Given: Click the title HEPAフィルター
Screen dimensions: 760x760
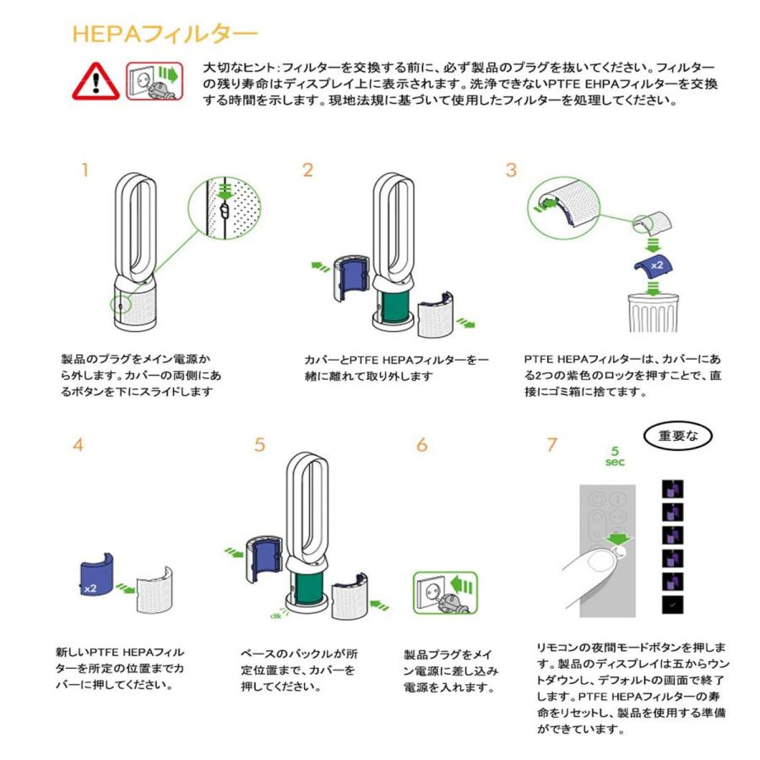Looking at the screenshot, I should pyautogui.click(x=164, y=34).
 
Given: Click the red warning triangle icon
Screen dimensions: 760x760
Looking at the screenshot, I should pyautogui.click(x=95, y=82).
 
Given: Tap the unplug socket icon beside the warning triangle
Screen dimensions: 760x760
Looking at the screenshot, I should pyautogui.click(x=154, y=81).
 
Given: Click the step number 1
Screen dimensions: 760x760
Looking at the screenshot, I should pyautogui.click(x=84, y=170).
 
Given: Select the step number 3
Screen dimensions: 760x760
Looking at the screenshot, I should pyautogui.click(x=511, y=170).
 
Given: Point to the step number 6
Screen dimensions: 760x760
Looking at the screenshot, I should pyautogui.click(x=421, y=445).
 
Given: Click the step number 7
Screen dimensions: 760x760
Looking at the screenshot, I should pyautogui.click(x=552, y=445).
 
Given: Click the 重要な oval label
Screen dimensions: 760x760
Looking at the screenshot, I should pyautogui.click(x=678, y=437).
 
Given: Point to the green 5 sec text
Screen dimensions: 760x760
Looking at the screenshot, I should pyautogui.click(x=616, y=456).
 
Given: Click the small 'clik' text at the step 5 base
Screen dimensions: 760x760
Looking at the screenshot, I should pyautogui.click(x=277, y=615).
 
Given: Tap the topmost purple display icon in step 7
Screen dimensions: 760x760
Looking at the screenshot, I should pyautogui.click(x=672, y=488).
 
